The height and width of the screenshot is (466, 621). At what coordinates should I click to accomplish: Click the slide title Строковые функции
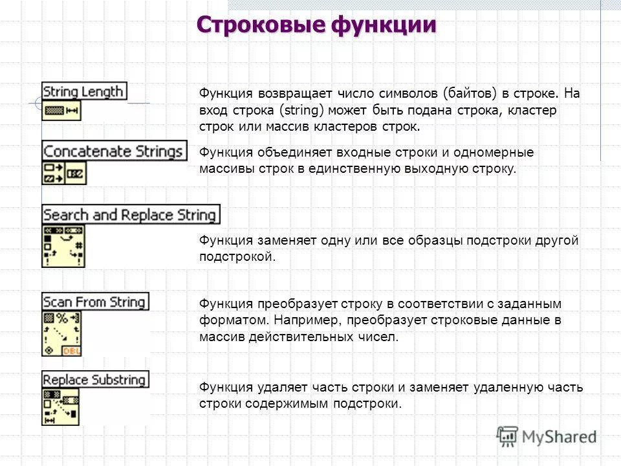coord(316,25)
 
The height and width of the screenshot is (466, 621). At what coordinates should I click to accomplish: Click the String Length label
coord(84,91)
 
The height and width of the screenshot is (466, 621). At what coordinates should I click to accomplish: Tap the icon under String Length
coord(61,111)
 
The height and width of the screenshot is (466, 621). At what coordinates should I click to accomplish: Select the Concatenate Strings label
coord(114,151)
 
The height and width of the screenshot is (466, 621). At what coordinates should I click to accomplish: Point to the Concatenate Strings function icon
coord(64,173)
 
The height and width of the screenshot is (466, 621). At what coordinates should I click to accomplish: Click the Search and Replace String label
coord(130,214)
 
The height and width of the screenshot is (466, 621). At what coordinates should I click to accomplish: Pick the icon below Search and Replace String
coord(63,246)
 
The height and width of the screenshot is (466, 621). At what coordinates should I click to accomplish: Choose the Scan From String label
coord(95,302)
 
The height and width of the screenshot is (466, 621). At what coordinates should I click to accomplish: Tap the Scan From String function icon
coord(63,333)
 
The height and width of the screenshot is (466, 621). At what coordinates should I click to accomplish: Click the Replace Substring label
coord(95,379)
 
